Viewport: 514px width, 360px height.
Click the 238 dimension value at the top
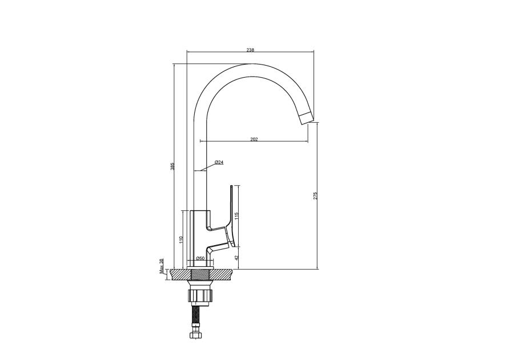(x=250, y=50)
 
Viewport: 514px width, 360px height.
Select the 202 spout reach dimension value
(x=254, y=139)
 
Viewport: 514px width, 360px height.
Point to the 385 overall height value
(x=172, y=166)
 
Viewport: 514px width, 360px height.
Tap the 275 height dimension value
(x=316, y=196)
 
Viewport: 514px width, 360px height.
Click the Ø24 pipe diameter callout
(x=219, y=163)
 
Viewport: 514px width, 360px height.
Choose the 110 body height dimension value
(x=180, y=239)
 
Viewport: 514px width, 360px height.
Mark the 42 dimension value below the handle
(x=236, y=258)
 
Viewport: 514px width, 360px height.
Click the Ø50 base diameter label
(x=200, y=259)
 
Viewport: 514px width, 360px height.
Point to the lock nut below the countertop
(x=200, y=296)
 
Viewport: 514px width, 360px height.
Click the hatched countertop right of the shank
(x=224, y=275)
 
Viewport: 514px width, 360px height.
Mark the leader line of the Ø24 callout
(x=209, y=167)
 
